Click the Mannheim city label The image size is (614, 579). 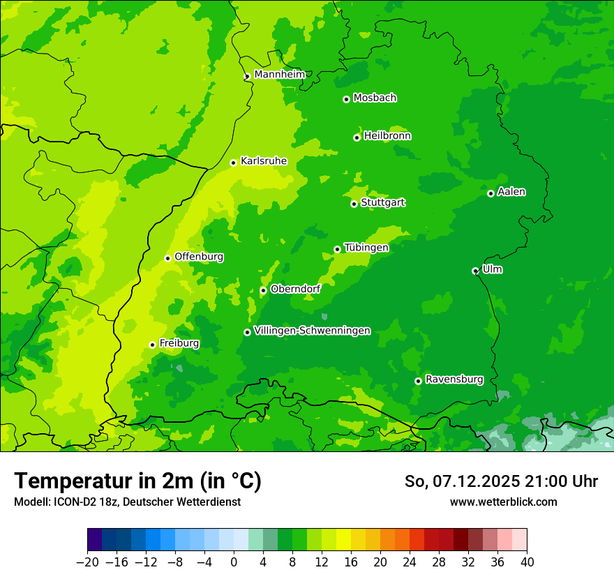pyautogui.click(x=280, y=75)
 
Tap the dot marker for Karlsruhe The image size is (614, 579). pyautogui.click(x=234, y=163)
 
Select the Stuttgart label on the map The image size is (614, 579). pyautogui.click(x=382, y=203)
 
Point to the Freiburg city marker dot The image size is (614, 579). pyautogui.click(x=152, y=345)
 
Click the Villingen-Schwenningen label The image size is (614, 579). pyautogui.click(x=312, y=331)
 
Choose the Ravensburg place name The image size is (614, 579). pyautogui.click(x=454, y=379)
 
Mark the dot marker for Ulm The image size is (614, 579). pyautogui.click(x=475, y=271)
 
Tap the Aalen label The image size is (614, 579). pyautogui.click(x=511, y=192)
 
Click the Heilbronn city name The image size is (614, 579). pyautogui.click(x=387, y=136)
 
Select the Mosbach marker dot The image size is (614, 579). pyautogui.click(x=346, y=99)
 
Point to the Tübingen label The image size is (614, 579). pyautogui.click(x=366, y=248)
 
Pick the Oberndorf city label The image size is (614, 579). pyautogui.click(x=295, y=289)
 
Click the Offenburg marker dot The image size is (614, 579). pyautogui.click(x=167, y=258)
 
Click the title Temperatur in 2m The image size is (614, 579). pyautogui.click(x=137, y=481)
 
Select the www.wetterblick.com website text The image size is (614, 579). pyautogui.click(x=503, y=502)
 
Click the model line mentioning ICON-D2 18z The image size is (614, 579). pyautogui.click(x=127, y=502)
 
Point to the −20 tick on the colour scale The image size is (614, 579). pyautogui.click(x=87, y=562)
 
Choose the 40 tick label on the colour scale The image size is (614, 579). pyautogui.click(x=527, y=562)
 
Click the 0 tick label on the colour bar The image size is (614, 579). pyautogui.click(x=234, y=562)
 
